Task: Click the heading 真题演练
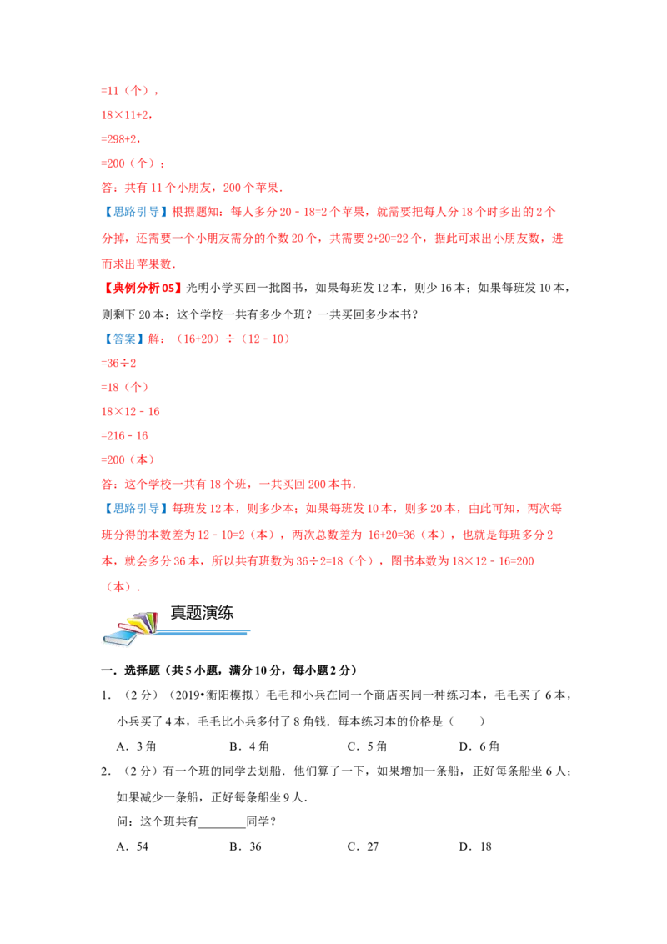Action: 202,613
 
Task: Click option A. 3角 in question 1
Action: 136,746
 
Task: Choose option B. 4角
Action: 249,746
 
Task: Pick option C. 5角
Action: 367,746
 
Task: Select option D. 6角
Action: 479,746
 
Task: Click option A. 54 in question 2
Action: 133,846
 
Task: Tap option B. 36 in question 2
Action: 246,846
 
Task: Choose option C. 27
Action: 363,846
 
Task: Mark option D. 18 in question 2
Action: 475,846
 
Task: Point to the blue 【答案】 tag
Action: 123,339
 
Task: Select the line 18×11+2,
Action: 127,115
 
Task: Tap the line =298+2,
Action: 121,139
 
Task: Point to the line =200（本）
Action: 128,460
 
